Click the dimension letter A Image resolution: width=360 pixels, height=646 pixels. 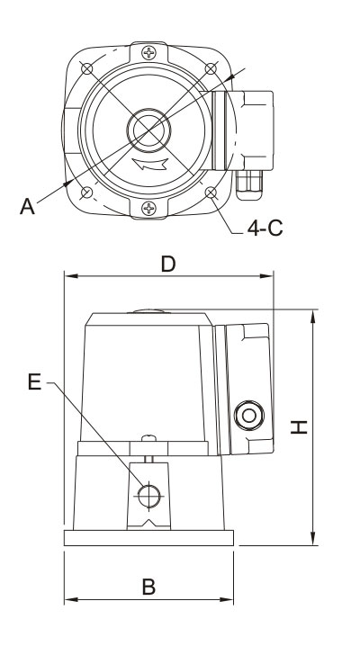[x=27, y=206]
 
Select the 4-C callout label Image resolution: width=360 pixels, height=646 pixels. [x=265, y=228]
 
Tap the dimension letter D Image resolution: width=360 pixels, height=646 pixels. [x=168, y=264]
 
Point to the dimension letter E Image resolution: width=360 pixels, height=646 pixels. [x=34, y=381]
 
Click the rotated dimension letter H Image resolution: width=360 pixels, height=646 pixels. [x=299, y=426]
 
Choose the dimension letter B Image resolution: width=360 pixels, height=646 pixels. [x=148, y=588]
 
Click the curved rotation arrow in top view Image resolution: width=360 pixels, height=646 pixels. [x=150, y=164]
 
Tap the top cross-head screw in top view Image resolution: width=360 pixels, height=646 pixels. [x=148, y=53]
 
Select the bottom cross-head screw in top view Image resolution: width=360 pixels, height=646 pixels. [x=148, y=208]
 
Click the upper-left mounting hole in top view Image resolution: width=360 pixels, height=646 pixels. [x=87, y=68]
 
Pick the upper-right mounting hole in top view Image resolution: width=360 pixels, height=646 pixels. [x=211, y=68]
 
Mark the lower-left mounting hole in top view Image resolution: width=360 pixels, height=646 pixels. [x=87, y=193]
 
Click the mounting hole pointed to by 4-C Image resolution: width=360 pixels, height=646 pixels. [x=211, y=193]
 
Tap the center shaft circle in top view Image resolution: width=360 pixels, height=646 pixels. [x=148, y=130]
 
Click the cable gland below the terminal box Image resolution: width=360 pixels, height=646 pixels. [x=249, y=184]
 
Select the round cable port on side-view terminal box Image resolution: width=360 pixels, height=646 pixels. [x=249, y=416]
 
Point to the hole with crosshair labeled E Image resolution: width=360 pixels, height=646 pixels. [x=148, y=496]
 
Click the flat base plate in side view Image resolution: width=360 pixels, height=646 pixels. [x=148, y=538]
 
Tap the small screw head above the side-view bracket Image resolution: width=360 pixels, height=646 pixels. [x=148, y=438]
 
